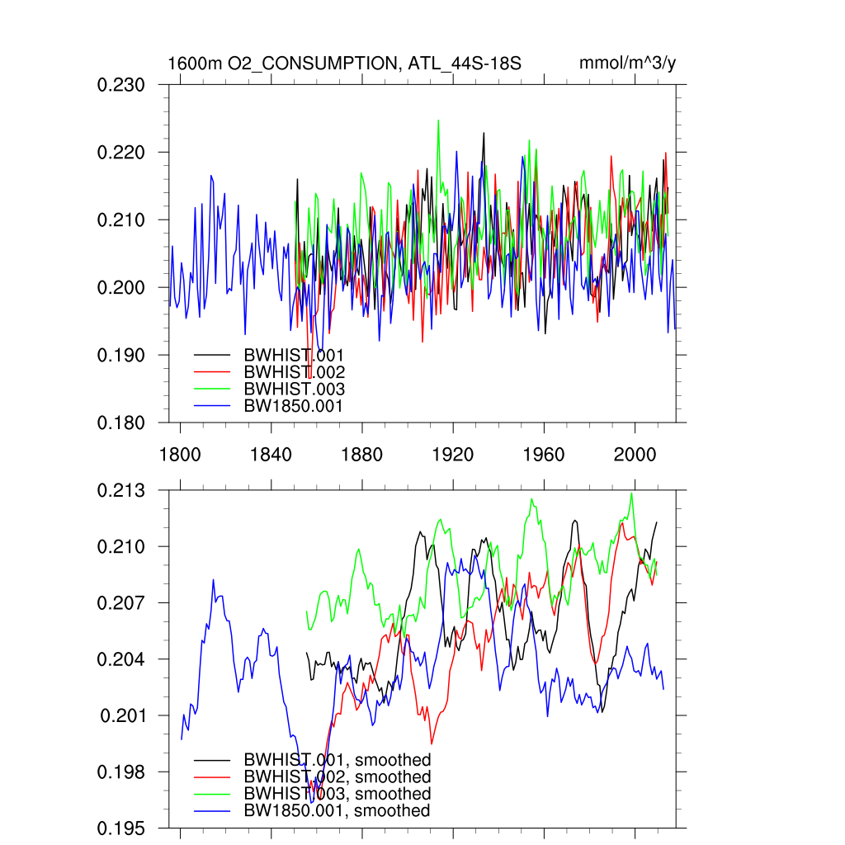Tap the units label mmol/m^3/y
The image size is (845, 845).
coord(627,64)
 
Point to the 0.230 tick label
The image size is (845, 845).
coord(122,85)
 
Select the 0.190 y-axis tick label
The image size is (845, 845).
coord(122,355)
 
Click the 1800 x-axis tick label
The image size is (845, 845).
coord(180,455)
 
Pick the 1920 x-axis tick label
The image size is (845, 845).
coord(453,455)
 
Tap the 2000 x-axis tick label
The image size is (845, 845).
coord(635,455)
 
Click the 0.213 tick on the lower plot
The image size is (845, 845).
coord(122,491)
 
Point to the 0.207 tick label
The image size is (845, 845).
coord(122,603)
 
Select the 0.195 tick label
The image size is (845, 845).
coord(122,828)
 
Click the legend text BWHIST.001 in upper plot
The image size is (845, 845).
coord(294,355)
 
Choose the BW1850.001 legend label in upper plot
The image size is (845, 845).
coord(293,405)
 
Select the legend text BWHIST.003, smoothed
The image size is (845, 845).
coord(338,794)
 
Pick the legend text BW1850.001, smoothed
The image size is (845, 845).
coord(338,811)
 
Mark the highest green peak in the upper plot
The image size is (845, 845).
coord(438,120)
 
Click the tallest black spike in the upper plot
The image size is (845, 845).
coord(484,133)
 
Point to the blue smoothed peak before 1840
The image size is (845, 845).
coord(213,580)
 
